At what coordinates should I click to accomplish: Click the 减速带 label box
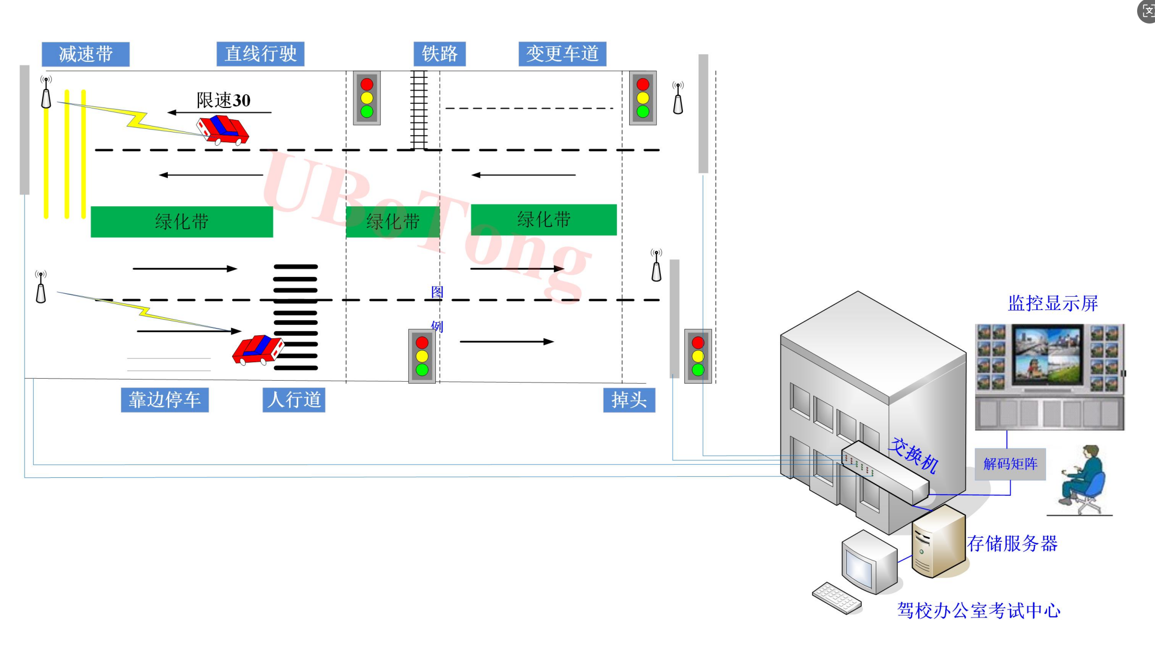[x=85, y=54]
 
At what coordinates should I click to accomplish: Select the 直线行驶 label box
[x=260, y=54]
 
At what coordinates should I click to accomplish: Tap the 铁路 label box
[x=439, y=54]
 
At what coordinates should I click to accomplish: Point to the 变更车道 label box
[x=562, y=54]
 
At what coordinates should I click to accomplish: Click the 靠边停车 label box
[x=165, y=400]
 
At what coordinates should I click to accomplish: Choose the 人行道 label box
[x=294, y=400]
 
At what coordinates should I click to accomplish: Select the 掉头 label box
[x=629, y=400]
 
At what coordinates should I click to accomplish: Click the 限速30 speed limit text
[x=224, y=100]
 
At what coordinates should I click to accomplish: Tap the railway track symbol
[x=418, y=109]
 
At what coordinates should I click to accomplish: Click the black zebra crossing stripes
[x=296, y=317]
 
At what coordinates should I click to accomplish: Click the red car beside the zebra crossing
[x=258, y=349]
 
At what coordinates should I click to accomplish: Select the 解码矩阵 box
[x=1010, y=464]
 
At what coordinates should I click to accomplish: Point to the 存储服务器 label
[x=1012, y=543]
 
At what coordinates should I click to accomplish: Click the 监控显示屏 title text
[x=1053, y=303]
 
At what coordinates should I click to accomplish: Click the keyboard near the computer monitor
[x=837, y=598]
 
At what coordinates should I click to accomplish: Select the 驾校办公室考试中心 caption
[x=979, y=610]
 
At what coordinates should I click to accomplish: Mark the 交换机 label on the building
[x=913, y=455]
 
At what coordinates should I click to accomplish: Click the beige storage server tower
[x=938, y=541]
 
